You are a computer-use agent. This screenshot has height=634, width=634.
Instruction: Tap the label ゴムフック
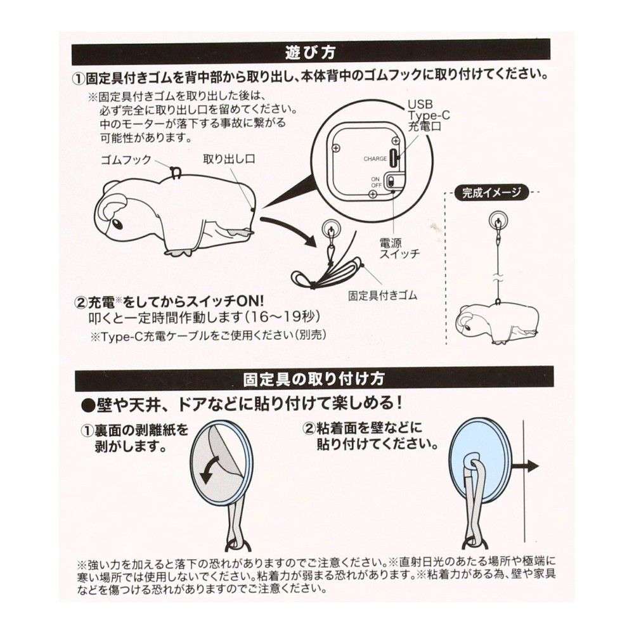tap(127, 160)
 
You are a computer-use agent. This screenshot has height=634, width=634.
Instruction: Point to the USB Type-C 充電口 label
tap(423, 114)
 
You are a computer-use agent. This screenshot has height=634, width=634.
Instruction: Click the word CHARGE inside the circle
tap(375, 159)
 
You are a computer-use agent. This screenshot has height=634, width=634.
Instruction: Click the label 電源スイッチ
tap(398, 249)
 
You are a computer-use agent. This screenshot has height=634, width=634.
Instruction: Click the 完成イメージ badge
tap(492, 192)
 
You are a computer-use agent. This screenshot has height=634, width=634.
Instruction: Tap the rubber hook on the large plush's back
tap(176, 171)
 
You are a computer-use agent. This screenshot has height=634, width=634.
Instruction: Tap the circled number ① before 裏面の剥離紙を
tap(87, 430)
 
